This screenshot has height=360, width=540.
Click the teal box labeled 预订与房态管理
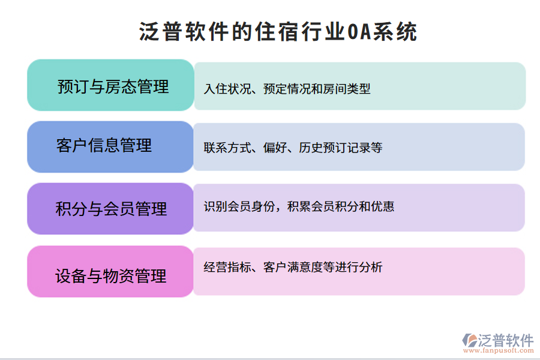click(x=111, y=86)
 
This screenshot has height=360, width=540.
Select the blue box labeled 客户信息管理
click(x=111, y=146)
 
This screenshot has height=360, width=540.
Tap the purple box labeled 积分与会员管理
click(x=111, y=209)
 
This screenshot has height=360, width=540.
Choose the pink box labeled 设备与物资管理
click(x=111, y=275)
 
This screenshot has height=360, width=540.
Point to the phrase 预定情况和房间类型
click(x=317, y=89)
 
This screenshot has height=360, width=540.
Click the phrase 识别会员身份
click(x=239, y=207)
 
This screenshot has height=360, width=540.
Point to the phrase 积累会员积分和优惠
click(x=340, y=207)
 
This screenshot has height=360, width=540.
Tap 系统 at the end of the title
click(x=395, y=31)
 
